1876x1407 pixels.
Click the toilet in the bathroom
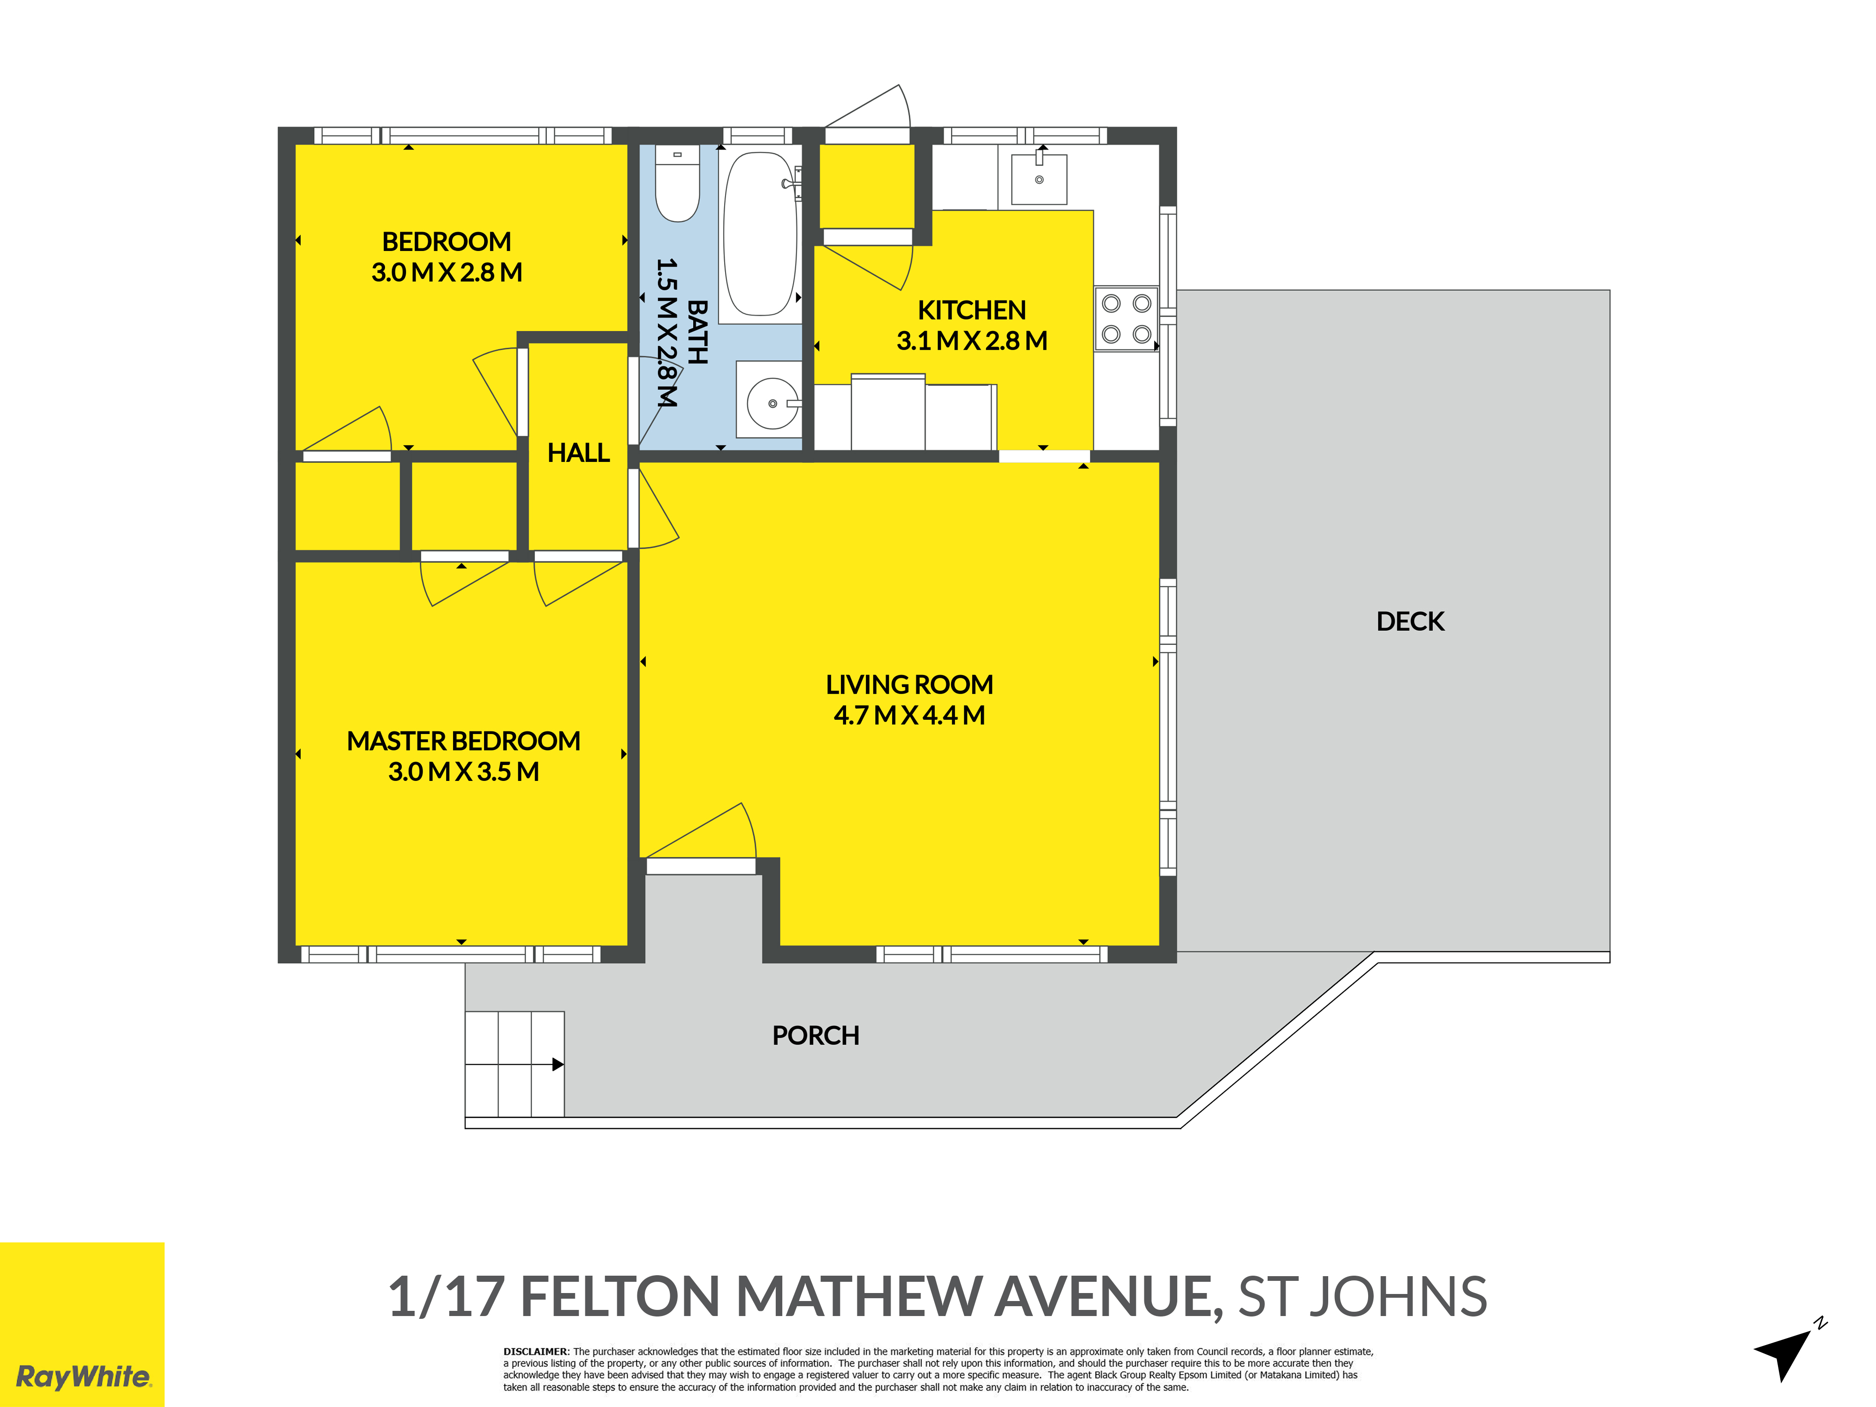678,183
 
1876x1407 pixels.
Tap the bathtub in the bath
760,234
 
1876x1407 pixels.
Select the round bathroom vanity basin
772,404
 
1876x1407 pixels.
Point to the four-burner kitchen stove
1126,319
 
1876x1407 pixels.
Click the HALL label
578,453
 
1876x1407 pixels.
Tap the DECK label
1410,621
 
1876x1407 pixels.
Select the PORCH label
816,1036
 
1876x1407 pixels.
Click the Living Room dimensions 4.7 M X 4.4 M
909,715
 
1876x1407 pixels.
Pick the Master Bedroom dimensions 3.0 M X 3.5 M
464,772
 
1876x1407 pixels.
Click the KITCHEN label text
972,310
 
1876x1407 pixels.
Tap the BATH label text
697,333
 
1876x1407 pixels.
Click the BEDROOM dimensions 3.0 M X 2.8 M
447,272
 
